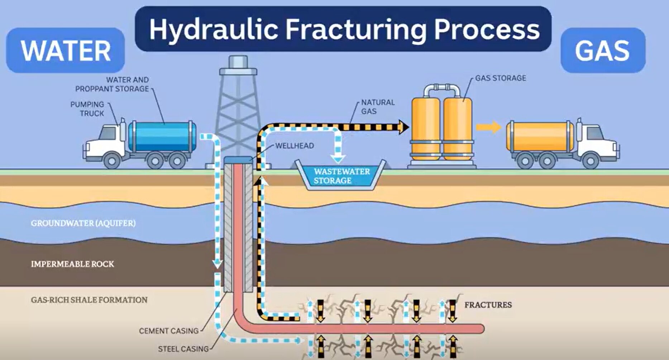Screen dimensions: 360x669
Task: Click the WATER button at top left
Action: [x=66, y=50]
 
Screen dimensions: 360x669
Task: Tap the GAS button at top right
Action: [x=602, y=50]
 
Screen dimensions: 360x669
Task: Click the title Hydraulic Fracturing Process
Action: [x=344, y=29]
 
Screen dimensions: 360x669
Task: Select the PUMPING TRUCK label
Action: [x=87, y=109]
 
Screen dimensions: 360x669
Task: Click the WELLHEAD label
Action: [x=295, y=146]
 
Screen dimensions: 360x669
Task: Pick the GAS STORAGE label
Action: [x=501, y=78]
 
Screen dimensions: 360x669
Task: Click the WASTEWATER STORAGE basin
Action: [x=341, y=176]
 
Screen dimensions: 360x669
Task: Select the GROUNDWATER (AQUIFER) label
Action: [x=83, y=223]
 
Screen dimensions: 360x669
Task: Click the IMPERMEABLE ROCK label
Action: [x=72, y=264]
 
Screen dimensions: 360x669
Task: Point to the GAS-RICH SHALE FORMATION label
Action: [x=89, y=300]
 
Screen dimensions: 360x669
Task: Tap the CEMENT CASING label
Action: [x=169, y=331]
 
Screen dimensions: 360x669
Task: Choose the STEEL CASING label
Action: [x=183, y=349]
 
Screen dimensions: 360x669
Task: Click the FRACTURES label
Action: [x=488, y=305]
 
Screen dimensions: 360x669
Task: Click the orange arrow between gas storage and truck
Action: [x=488, y=127]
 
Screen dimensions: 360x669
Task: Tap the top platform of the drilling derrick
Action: [x=238, y=71]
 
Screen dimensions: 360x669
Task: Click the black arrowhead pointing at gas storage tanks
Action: [x=404, y=127]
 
